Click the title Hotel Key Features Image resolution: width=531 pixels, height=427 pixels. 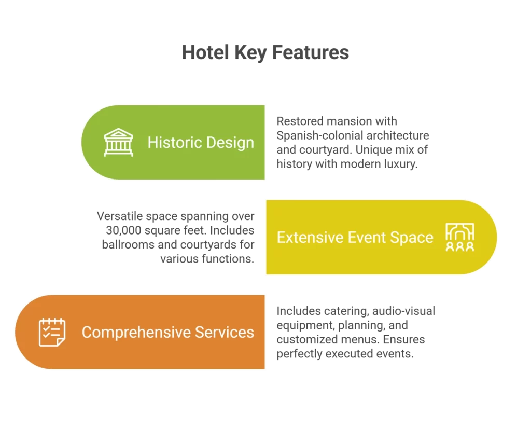click(265, 53)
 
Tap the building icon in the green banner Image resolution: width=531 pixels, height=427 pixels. click(118, 142)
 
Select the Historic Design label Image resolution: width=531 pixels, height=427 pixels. click(201, 143)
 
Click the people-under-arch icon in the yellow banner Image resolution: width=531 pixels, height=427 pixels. click(459, 237)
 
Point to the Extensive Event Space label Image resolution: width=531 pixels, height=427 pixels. click(355, 237)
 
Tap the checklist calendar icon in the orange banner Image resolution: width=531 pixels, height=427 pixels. click(52, 332)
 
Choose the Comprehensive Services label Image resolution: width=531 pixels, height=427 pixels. click(167, 332)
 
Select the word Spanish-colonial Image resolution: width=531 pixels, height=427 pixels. click(319, 135)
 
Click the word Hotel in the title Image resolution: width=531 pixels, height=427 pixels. click(205, 52)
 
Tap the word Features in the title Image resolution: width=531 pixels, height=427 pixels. click(311, 52)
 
